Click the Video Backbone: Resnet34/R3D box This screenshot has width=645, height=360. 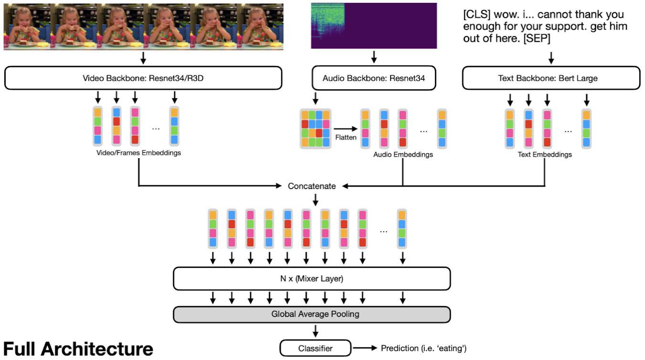[x=143, y=78]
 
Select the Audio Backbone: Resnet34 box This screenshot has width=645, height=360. [x=373, y=78]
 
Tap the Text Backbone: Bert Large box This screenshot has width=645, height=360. [x=551, y=78]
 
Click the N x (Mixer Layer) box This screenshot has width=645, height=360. [x=311, y=278]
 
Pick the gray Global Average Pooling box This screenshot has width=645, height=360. [x=311, y=314]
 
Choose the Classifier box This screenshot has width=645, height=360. [x=315, y=348]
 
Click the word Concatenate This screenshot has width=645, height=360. [x=312, y=186]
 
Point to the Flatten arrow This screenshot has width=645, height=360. [x=346, y=128]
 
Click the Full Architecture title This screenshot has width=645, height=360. [x=78, y=349]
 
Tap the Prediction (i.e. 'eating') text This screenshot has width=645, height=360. [x=423, y=348]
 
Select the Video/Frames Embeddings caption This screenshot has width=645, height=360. [x=138, y=153]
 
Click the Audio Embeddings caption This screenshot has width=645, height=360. [x=403, y=154]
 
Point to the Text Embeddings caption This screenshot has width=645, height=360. [x=545, y=154]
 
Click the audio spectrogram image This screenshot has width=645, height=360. [x=373, y=25]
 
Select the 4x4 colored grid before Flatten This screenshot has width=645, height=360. [x=315, y=128]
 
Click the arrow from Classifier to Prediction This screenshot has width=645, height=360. [x=365, y=348]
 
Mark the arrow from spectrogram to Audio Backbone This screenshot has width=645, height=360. [x=374, y=57]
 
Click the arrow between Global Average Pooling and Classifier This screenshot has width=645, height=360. [x=315, y=330]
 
